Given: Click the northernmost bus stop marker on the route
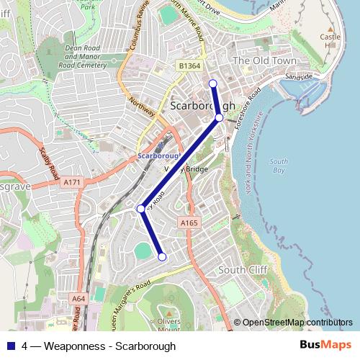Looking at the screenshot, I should coord(212,84).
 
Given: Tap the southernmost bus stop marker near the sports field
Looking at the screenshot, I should coord(162,256).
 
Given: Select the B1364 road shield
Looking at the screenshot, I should coord(189,66).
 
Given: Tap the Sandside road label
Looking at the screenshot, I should coord(299,76).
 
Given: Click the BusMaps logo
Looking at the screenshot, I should coord(325,346).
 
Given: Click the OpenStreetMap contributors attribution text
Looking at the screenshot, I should coord(293,323).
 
